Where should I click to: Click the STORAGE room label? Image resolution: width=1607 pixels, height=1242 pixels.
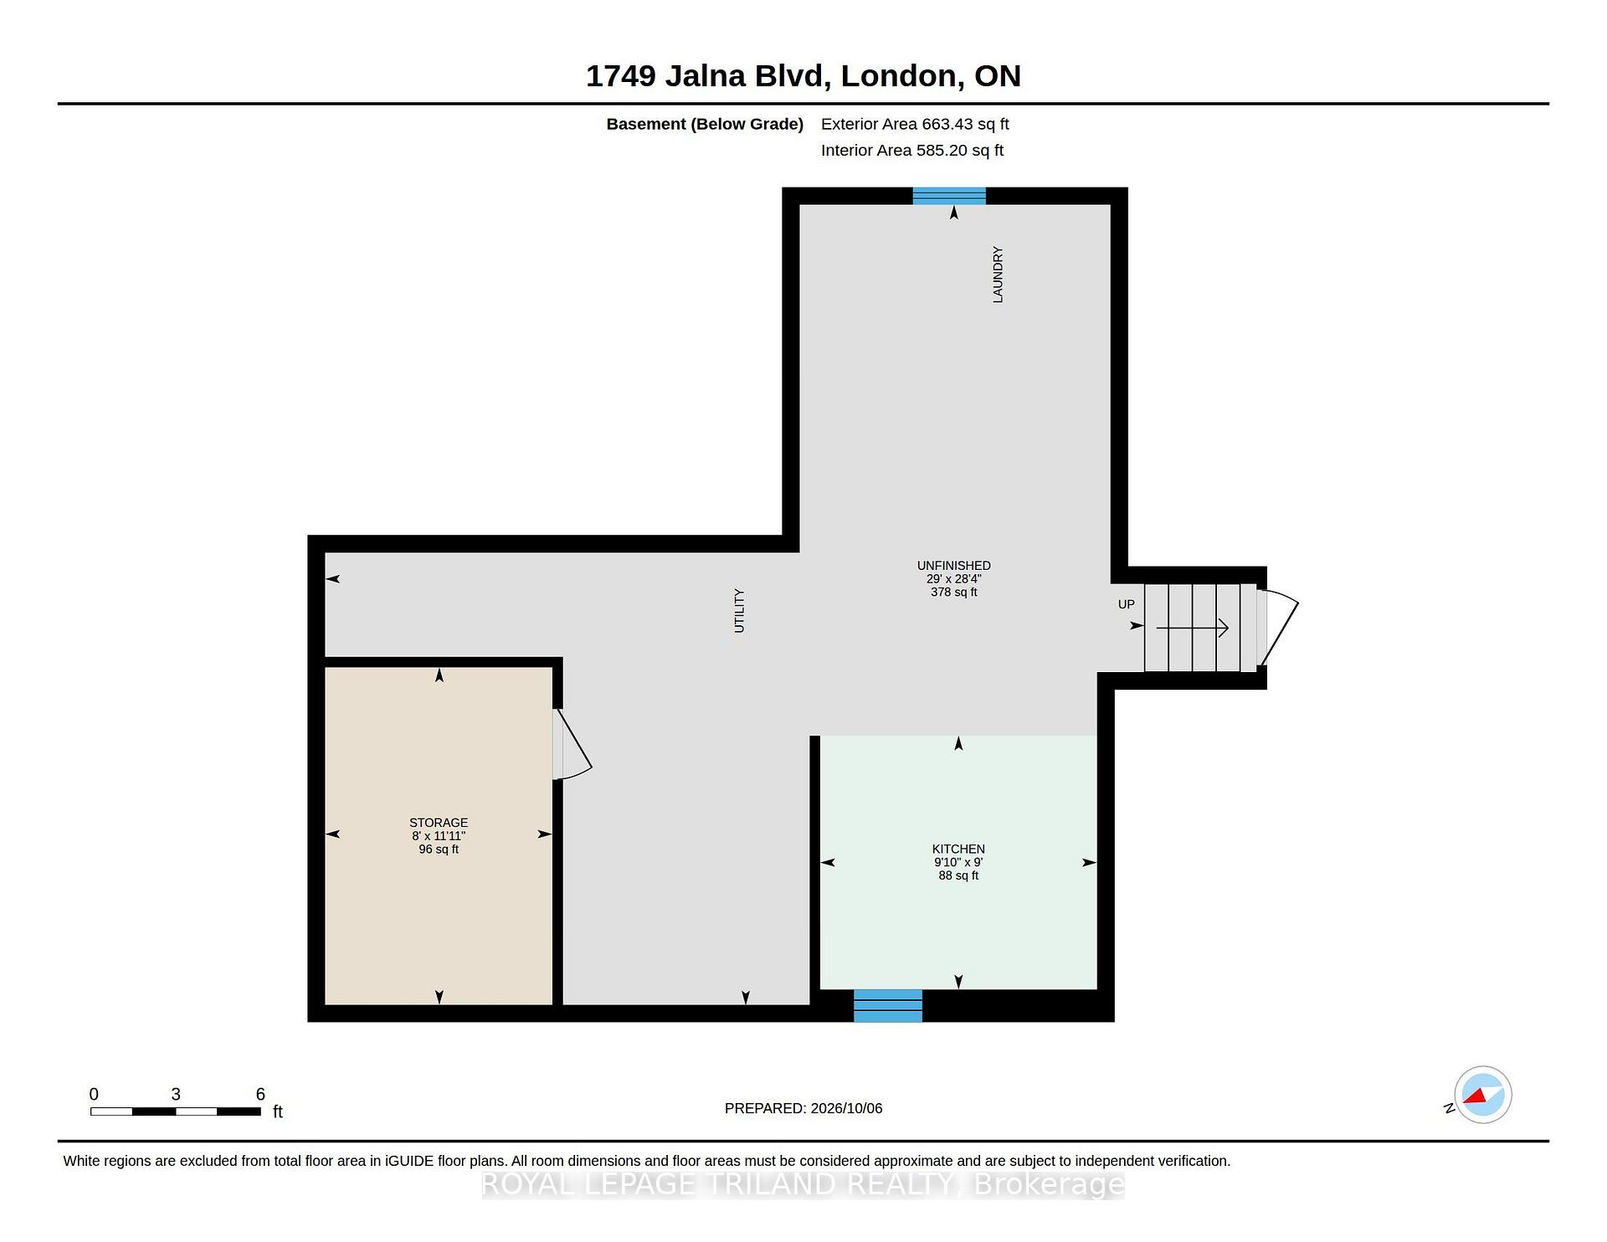[x=439, y=823]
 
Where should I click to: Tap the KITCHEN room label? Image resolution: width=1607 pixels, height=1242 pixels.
[x=958, y=849]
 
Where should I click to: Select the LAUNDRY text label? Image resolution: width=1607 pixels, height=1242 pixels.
[x=998, y=275]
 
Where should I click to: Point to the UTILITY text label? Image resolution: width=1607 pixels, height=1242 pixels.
[x=739, y=611]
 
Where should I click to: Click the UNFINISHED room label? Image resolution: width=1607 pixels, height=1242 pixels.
[x=953, y=566]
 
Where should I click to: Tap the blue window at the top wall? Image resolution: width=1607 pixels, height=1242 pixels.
[x=949, y=196]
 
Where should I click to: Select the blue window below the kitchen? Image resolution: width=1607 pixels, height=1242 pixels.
[x=888, y=1005]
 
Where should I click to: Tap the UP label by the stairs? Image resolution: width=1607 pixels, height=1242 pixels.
[x=1127, y=604]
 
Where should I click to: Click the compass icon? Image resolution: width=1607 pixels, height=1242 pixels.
[x=1482, y=1095]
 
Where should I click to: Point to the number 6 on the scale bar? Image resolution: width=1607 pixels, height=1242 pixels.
[x=260, y=1094]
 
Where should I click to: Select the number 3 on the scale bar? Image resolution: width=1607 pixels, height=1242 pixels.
[x=176, y=1094]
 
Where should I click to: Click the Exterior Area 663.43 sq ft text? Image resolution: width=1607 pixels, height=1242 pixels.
[x=915, y=124]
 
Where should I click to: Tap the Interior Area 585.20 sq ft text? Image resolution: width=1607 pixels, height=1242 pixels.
[x=912, y=151]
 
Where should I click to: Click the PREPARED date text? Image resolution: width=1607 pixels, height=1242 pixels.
[x=803, y=1108]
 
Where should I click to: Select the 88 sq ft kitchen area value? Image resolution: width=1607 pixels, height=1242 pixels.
[x=958, y=875]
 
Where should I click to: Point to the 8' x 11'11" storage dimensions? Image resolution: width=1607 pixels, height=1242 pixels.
[x=439, y=836]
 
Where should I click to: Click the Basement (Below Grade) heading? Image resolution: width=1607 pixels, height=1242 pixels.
[x=705, y=124]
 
